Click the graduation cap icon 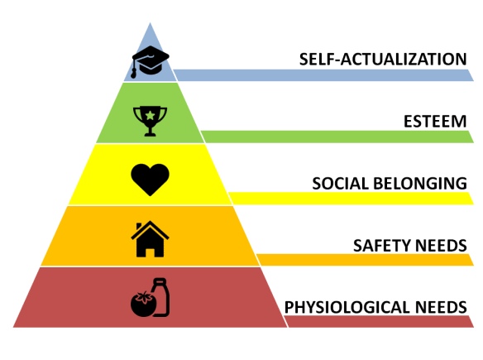[151, 61]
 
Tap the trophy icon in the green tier [150, 121]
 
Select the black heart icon [150, 180]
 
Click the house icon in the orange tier [150, 239]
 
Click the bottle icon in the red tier [160, 297]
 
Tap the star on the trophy [150, 115]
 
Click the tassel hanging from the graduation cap [134, 69]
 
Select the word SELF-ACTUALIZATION [383, 60]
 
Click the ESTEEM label [435, 121]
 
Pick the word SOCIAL [341, 184]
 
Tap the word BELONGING [420, 184]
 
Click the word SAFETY [381, 246]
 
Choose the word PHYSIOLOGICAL [347, 307]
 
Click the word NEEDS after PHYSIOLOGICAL [441, 307]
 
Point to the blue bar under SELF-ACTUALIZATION [323, 75]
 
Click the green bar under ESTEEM [337, 137]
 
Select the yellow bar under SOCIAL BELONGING [351, 198]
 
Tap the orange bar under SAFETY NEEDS [365, 260]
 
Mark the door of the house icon [150, 252]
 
